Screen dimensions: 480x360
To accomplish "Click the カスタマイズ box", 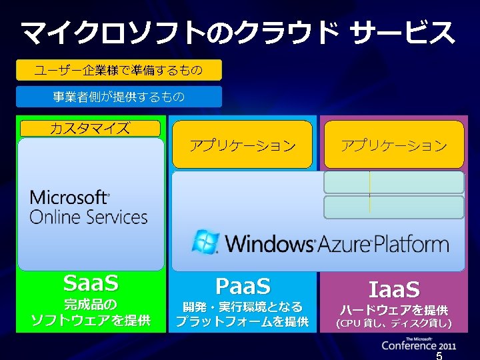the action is click(90, 129).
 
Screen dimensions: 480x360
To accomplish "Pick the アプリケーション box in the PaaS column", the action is click(242, 145).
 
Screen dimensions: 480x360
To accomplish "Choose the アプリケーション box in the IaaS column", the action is click(394, 145).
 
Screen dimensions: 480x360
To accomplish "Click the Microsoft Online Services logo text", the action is click(88, 207).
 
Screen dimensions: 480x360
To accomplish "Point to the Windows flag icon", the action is click(205, 241).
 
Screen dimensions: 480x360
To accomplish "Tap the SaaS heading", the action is click(91, 284).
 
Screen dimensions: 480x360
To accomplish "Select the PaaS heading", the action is click(243, 287).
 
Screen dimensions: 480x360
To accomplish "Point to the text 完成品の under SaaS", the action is click(91, 305).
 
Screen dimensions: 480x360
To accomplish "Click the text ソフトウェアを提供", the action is click(91, 321).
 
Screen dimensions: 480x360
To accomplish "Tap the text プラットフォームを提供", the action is click(243, 323).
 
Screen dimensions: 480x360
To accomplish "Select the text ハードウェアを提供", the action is click(394, 310).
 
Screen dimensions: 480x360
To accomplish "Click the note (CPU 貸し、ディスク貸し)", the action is click(394, 324).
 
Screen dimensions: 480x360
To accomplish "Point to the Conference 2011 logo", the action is click(419, 343).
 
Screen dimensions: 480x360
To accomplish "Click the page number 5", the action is click(439, 355).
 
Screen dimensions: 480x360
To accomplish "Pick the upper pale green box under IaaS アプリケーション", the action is click(394, 182).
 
